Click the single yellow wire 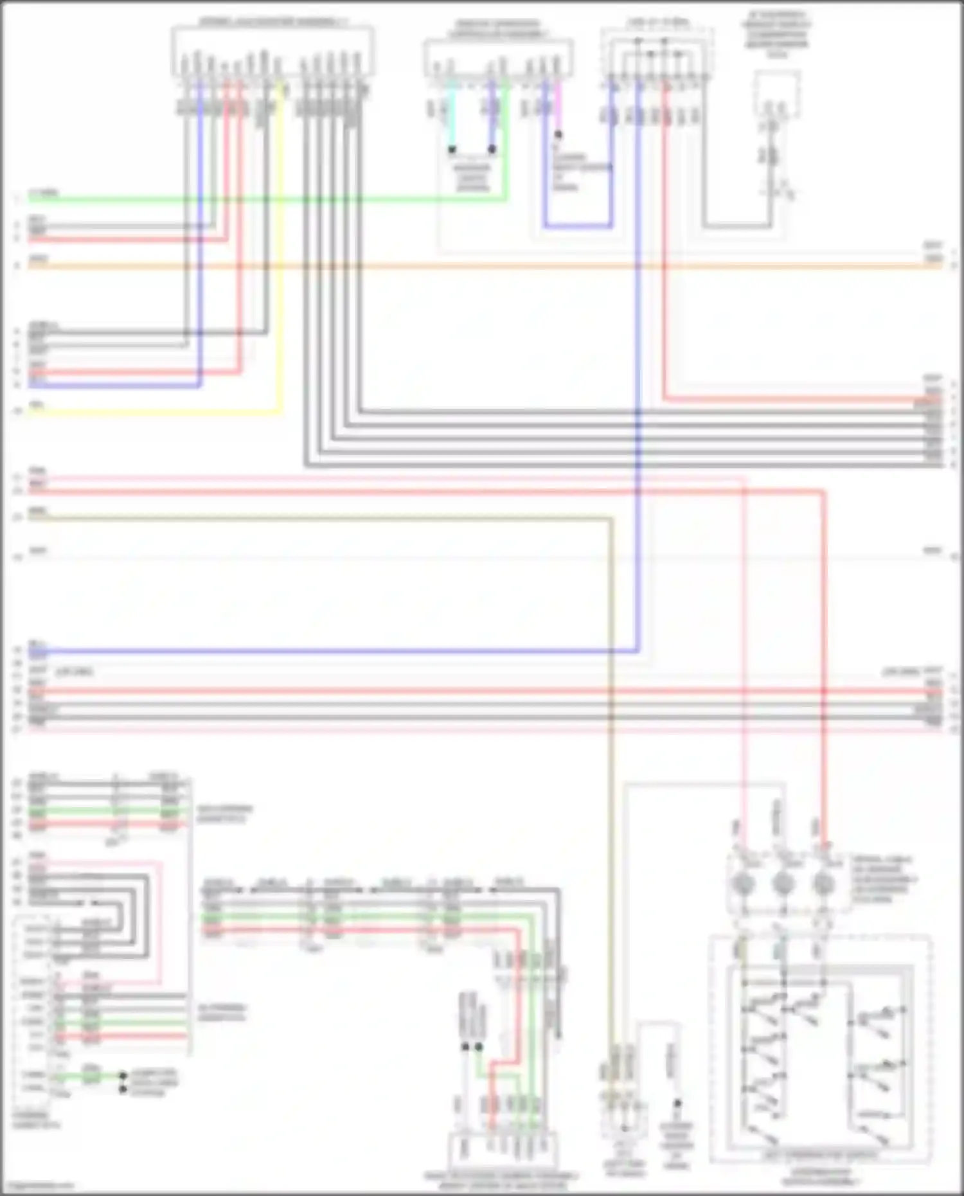(x=281, y=257)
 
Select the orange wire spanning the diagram (x=482, y=265)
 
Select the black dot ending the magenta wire (x=558, y=135)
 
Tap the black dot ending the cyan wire (x=452, y=149)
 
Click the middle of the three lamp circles (x=783, y=884)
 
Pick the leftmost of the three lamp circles (x=743, y=884)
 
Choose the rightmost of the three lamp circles (x=823, y=884)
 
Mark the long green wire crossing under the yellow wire (x=257, y=199)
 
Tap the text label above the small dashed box (x=777, y=32)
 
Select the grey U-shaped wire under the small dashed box (x=736, y=226)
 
